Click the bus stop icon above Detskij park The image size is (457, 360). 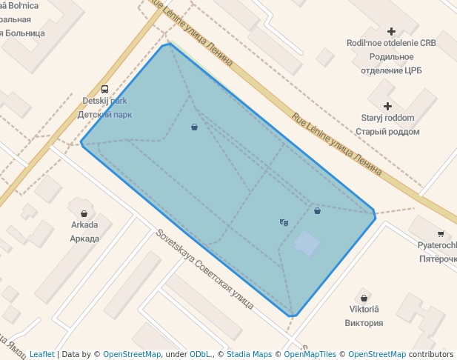[104, 89]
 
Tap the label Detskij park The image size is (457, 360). [104, 101]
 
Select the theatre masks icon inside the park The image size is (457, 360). [284, 222]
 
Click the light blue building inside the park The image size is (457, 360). [307, 243]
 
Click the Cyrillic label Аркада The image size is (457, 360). [84, 239]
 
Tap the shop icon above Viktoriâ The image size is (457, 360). [364, 296]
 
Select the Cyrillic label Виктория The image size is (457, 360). [364, 323]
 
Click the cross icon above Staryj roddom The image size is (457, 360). [387, 106]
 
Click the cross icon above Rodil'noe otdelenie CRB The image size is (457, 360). [392, 31]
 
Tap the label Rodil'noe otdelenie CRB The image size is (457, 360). [391, 43]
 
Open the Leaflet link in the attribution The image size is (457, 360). [41, 354]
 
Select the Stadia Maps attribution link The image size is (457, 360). [249, 354]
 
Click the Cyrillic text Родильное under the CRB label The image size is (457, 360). [391, 57]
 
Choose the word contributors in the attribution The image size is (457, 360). [431, 354]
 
